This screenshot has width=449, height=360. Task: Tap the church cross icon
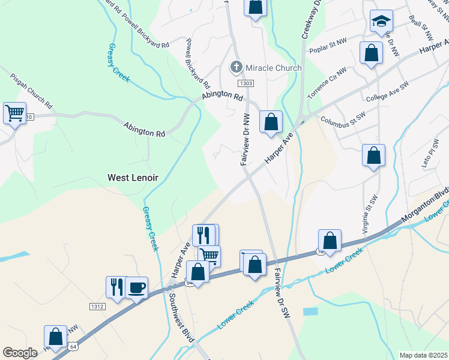pos(237,67)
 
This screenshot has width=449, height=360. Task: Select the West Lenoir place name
pos(133,178)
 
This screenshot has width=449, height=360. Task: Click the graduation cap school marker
pos(381,22)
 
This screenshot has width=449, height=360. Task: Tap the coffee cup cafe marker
pos(136,288)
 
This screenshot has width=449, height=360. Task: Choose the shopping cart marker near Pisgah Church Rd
pos(14,112)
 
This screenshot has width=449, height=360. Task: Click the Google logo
pos(20,353)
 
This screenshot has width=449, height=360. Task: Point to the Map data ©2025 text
pos(423,355)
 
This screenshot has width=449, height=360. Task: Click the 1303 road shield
pos(245,83)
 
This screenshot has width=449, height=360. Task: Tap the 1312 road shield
pos(97,306)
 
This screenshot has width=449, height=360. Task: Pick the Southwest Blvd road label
pos(181,317)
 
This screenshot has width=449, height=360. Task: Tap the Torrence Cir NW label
pos(327,83)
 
